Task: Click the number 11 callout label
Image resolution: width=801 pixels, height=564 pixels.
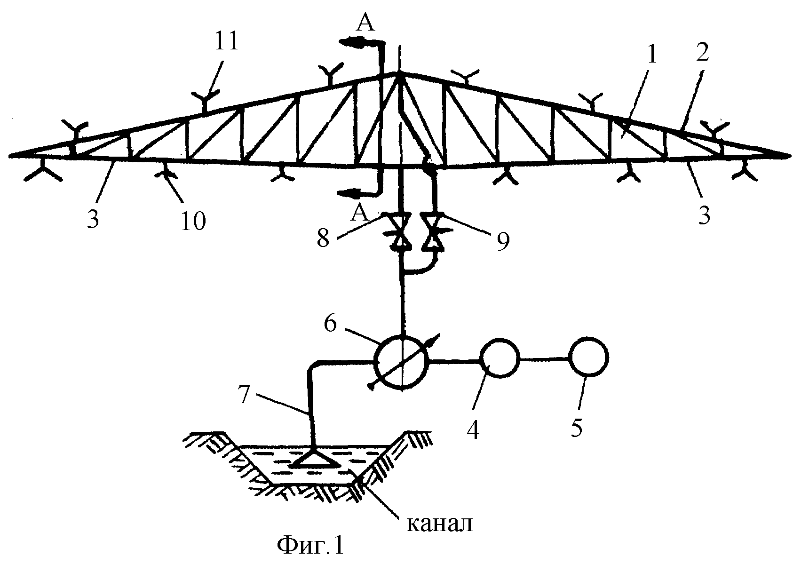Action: [226, 42]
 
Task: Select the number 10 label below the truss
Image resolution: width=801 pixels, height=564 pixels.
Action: [193, 221]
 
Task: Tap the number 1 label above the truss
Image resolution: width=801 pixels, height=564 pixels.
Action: [652, 55]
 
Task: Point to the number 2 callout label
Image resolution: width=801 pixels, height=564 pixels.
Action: [702, 51]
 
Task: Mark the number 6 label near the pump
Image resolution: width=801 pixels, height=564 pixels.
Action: [330, 324]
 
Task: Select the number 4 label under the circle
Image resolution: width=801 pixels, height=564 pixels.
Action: [473, 429]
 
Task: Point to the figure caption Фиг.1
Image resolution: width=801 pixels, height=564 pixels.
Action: [310, 545]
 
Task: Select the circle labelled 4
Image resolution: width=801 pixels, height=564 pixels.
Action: [499, 358]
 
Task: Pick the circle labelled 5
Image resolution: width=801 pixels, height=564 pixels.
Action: [588, 357]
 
